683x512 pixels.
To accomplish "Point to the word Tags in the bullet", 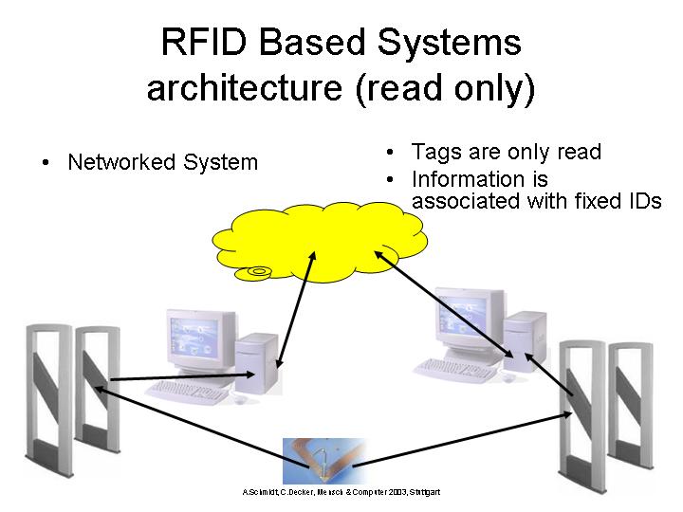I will pyautogui.click(x=433, y=153).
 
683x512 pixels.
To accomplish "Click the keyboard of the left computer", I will pyautogui.click(x=185, y=390).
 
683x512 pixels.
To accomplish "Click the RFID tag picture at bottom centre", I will pyautogui.click(x=324, y=460).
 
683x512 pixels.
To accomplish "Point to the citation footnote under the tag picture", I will pyautogui.click(x=341, y=492).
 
